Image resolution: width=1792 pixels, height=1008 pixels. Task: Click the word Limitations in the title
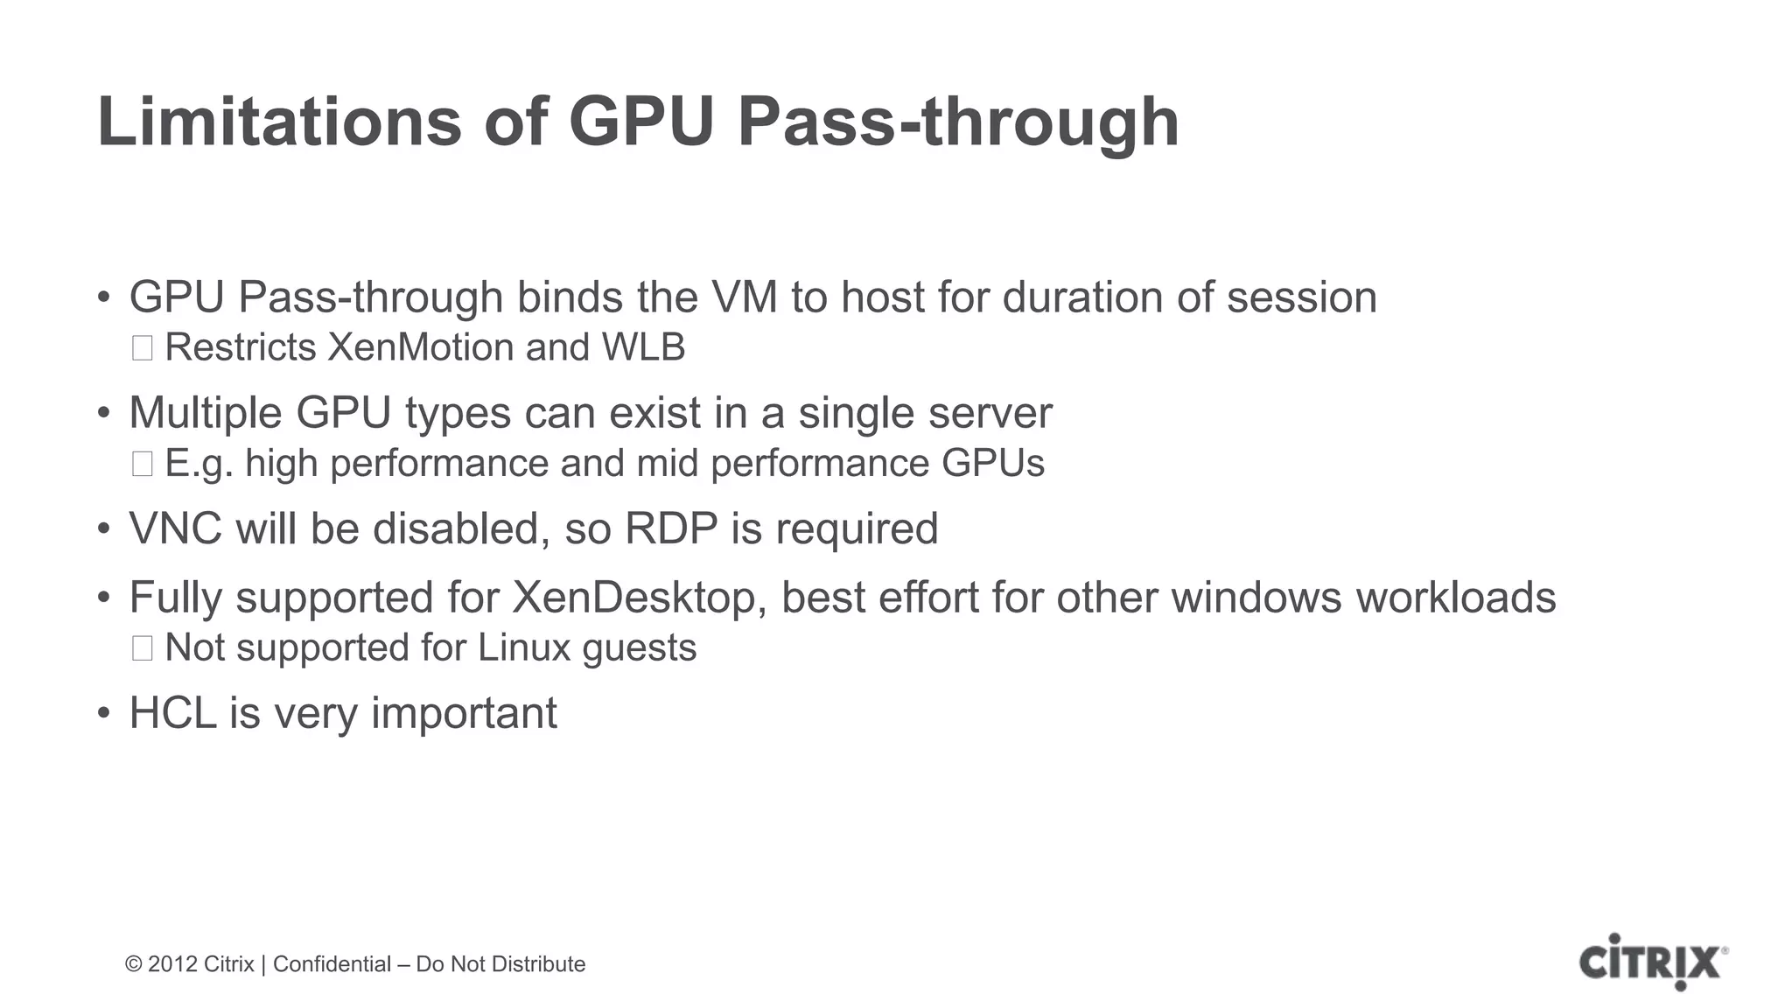pyautogui.click(x=279, y=122)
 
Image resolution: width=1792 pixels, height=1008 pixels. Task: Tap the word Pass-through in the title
pyautogui.click(x=958, y=122)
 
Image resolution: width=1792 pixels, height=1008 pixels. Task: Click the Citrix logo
pyautogui.click(x=1653, y=962)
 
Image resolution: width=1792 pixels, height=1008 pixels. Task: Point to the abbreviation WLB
pyautogui.click(x=643, y=347)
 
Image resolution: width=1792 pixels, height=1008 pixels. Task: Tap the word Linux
pyautogui.click(x=523, y=648)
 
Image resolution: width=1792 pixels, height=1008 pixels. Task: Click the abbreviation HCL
pyautogui.click(x=172, y=712)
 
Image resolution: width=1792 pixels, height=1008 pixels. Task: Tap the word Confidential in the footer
pyautogui.click(x=332, y=964)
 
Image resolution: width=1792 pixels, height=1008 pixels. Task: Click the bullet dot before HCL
pyautogui.click(x=104, y=714)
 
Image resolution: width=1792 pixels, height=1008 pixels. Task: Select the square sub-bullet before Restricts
pyautogui.click(x=142, y=348)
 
